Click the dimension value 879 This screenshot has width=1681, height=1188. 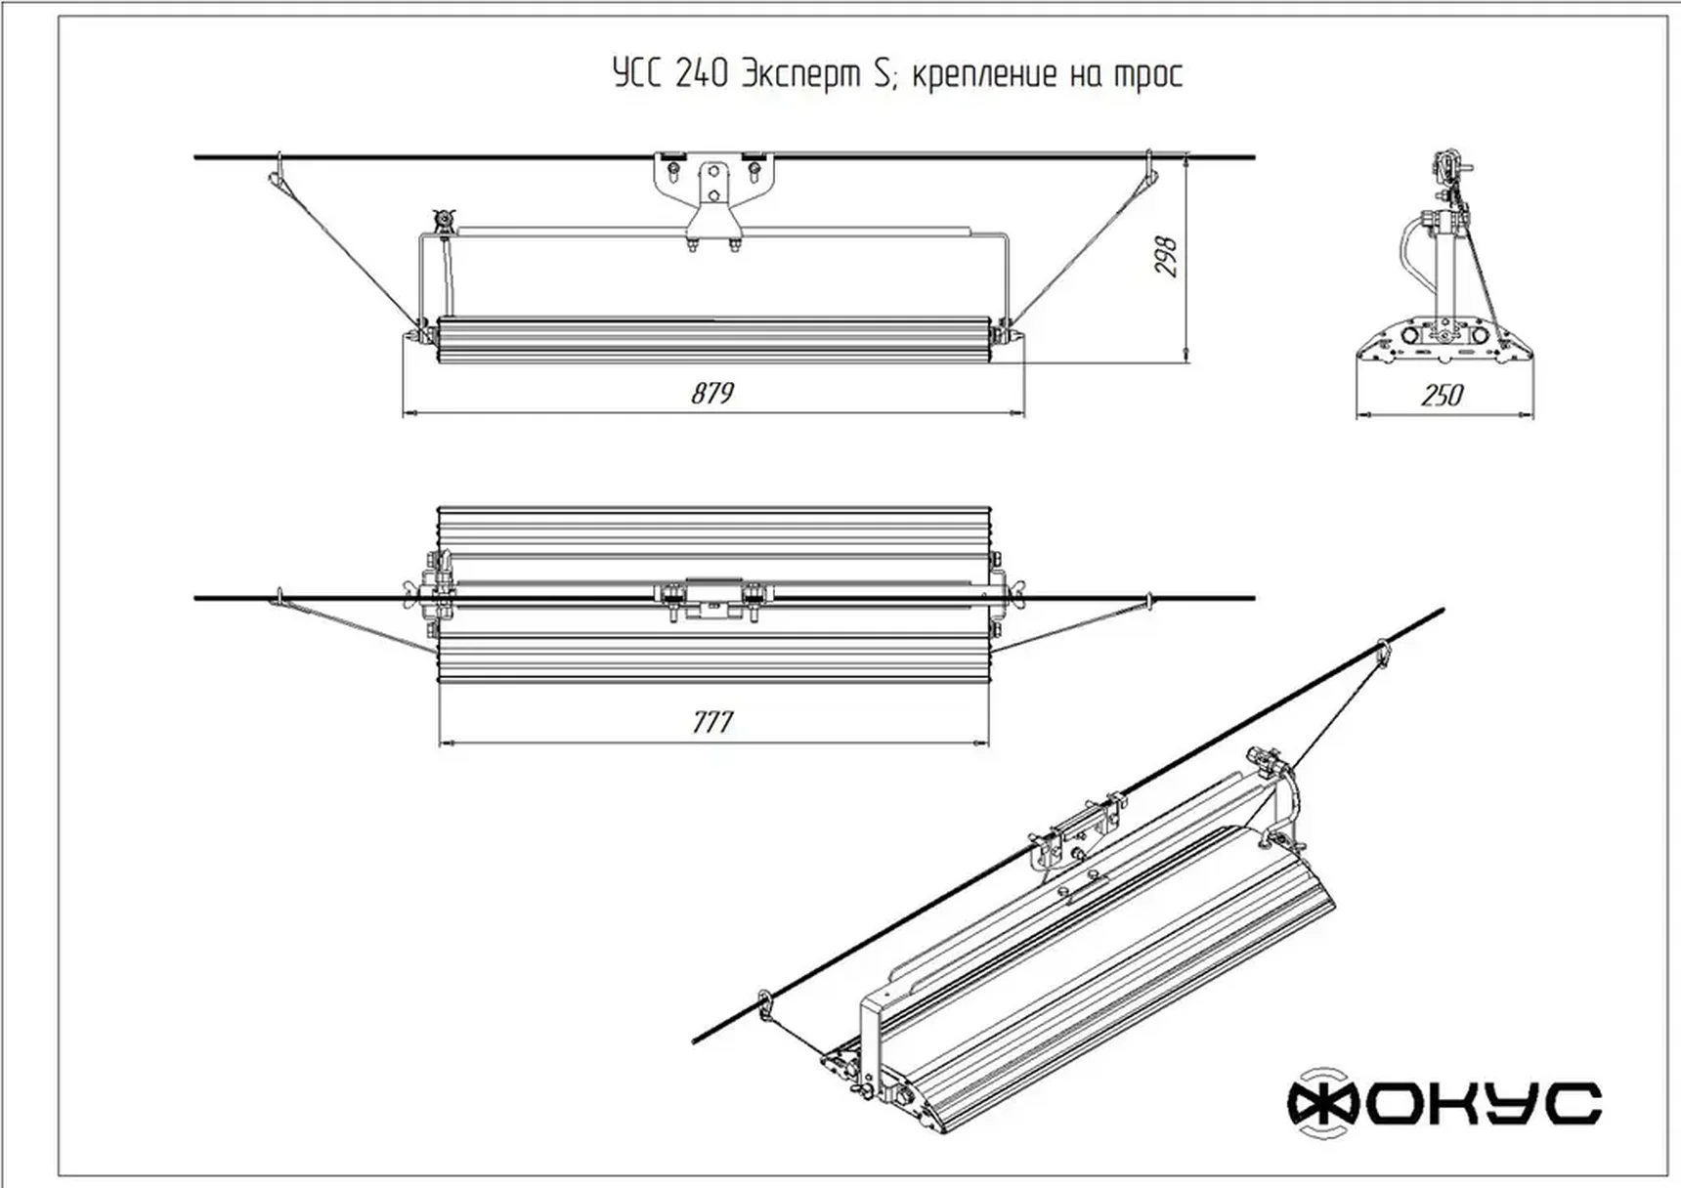click(x=712, y=393)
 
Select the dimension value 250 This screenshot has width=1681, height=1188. click(x=1442, y=395)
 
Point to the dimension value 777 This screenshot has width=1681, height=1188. click(x=712, y=722)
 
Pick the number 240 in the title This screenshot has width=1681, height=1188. click(x=701, y=74)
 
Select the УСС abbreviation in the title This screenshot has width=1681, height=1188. click(x=637, y=74)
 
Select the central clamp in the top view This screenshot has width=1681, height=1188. click(x=712, y=598)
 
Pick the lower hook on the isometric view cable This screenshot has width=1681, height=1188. click(x=764, y=1003)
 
